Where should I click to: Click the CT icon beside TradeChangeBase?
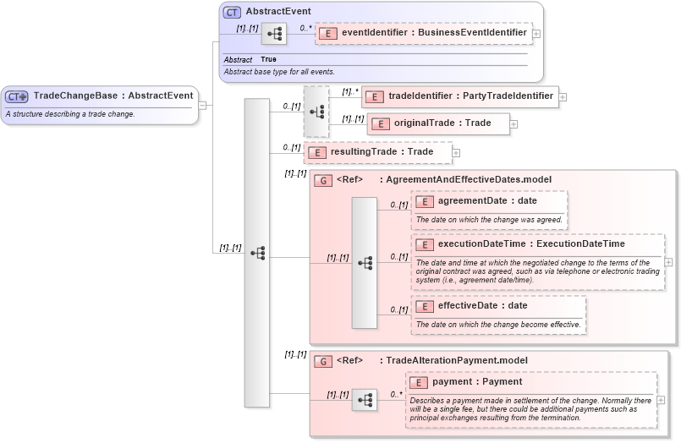click(18, 96)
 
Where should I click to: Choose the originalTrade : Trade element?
click(439, 123)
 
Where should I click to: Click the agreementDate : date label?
click(486, 201)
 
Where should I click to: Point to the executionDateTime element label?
click(530, 244)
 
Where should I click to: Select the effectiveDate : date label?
click(482, 305)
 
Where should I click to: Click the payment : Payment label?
click(477, 382)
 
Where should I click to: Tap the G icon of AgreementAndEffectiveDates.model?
click(322, 180)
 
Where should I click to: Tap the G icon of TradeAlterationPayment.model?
click(322, 361)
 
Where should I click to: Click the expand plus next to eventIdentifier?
click(536, 34)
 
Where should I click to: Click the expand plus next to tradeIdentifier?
click(563, 97)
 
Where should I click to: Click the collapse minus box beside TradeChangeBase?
click(203, 105)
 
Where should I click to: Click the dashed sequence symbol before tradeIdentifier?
click(316, 111)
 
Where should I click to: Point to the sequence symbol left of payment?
click(365, 400)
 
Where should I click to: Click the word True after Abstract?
click(268, 60)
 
